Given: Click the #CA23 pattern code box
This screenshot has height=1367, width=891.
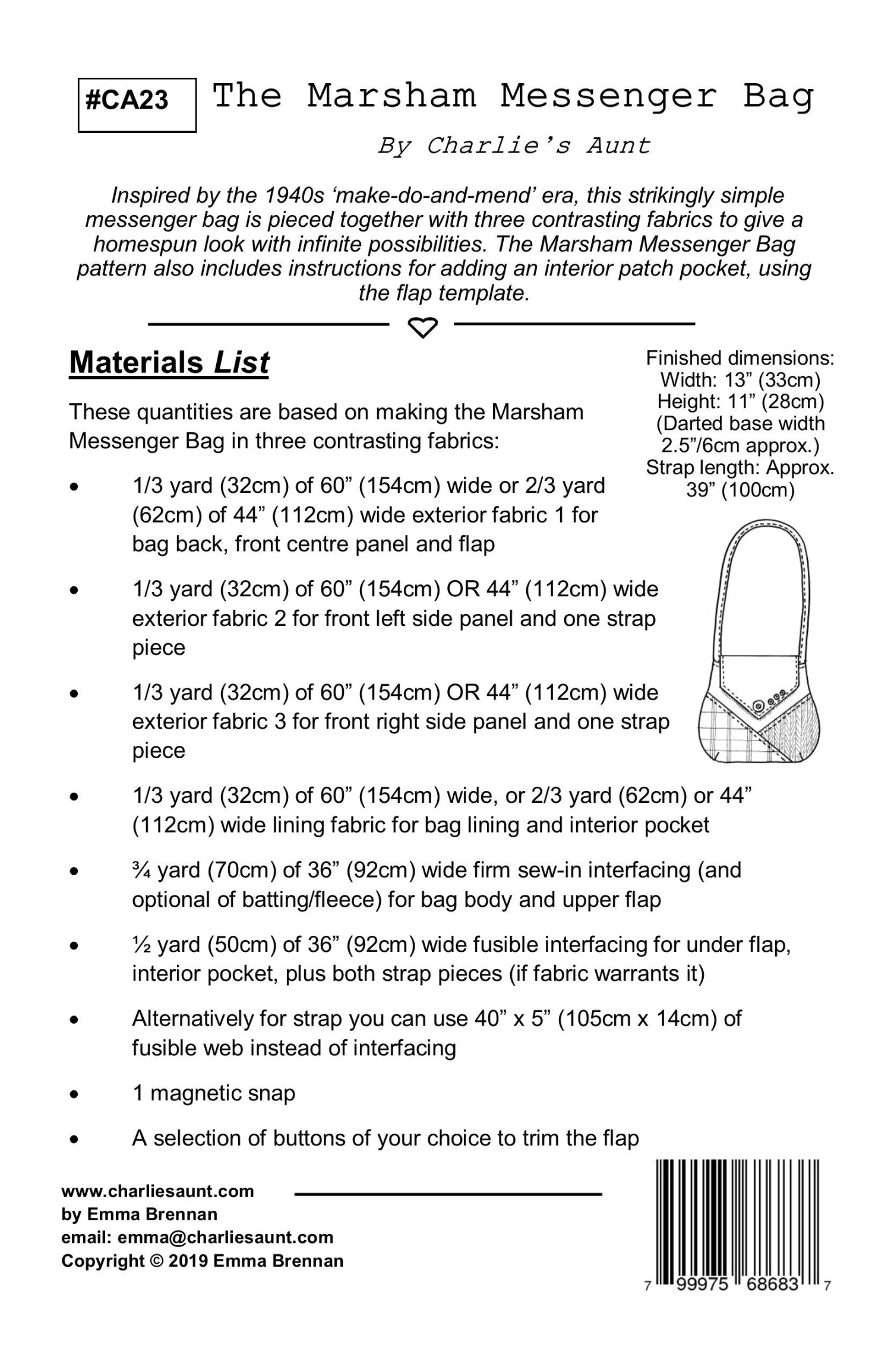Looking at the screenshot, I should pos(137,105).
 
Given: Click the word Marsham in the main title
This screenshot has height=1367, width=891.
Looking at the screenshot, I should pos(391,96).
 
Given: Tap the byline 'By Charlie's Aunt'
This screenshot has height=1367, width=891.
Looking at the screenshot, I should pos(514,145).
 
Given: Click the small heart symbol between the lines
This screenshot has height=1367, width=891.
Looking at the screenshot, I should pos(422,327).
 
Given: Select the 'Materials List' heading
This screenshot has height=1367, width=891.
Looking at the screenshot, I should pos(169,363).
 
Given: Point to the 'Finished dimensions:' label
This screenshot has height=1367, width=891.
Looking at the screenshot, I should pos(740,358).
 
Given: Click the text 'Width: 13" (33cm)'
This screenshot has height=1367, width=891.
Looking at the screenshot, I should pos(740,380).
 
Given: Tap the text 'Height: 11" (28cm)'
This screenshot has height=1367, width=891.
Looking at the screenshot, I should pos(740,402).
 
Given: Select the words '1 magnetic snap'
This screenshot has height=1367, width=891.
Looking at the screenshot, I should pos(214,1093).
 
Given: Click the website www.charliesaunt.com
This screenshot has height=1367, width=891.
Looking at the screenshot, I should pos(157,1191).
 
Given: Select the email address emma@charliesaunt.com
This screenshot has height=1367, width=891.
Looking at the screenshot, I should pos(225,1238).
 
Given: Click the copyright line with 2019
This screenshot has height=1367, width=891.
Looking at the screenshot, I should pos(202,1261).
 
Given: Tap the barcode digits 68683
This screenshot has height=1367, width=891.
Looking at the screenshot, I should pos(772,1284).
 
